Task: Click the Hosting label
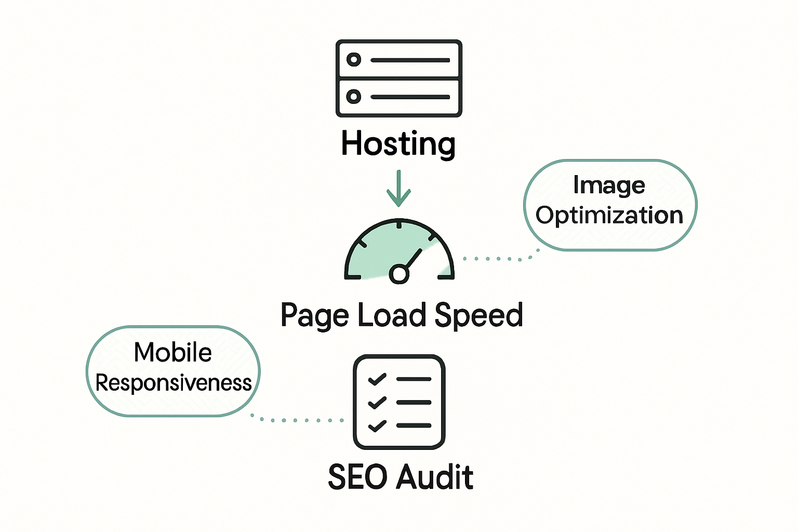coord(398,143)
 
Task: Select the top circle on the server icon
coord(354,60)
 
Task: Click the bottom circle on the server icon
coord(354,97)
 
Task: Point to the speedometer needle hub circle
coord(399,273)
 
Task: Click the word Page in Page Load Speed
coord(314,315)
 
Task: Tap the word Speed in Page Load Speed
coord(478,315)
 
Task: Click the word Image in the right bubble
coord(609,185)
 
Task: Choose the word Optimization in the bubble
coord(609,215)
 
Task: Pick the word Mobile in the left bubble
coord(172,352)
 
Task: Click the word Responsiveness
coord(174,383)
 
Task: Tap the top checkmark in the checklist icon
coord(377,379)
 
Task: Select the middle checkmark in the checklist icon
coord(377,402)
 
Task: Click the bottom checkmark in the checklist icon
coord(377,425)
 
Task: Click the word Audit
coord(436,477)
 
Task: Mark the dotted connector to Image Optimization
coord(499,258)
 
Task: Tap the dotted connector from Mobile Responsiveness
coord(296,420)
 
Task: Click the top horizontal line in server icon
coord(410,60)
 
